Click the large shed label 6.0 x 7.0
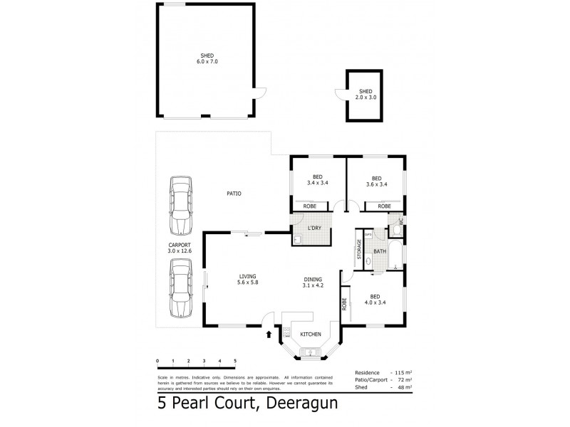click(207, 58)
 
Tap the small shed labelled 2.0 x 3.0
click(366, 95)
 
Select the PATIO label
click(234, 192)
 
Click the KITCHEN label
click(311, 334)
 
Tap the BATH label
click(379, 251)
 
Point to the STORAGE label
click(359, 251)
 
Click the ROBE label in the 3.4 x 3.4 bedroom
click(310, 206)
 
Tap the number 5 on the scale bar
click(235, 362)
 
